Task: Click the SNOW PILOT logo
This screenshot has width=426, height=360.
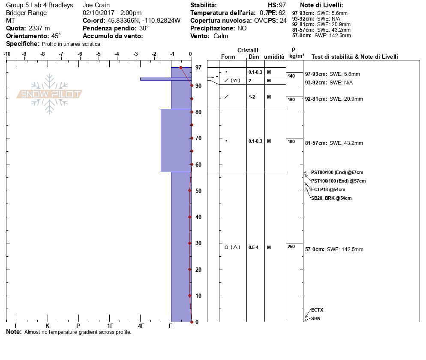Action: [x=50, y=94]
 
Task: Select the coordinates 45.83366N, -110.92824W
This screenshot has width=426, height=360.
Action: [x=144, y=21]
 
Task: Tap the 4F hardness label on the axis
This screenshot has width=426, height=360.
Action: [x=141, y=326]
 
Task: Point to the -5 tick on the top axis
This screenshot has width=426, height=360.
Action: [x=99, y=54]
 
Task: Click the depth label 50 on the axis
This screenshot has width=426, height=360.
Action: [x=198, y=191]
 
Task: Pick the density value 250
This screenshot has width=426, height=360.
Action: [x=291, y=246]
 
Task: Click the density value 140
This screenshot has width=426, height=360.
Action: [x=291, y=76]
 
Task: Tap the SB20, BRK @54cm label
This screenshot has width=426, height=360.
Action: [x=331, y=198]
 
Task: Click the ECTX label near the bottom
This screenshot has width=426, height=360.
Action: [x=317, y=310]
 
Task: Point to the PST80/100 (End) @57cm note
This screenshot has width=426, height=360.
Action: [x=337, y=172]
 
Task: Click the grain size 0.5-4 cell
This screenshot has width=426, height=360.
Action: [x=253, y=247]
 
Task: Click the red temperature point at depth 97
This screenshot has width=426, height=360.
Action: [x=180, y=67]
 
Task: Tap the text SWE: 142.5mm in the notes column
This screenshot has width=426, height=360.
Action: [x=345, y=249]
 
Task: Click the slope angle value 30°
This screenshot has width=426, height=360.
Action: [x=144, y=28]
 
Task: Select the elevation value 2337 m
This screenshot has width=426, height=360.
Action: [x=39, y=28]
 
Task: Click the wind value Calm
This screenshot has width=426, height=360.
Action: [x=221, y=36]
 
